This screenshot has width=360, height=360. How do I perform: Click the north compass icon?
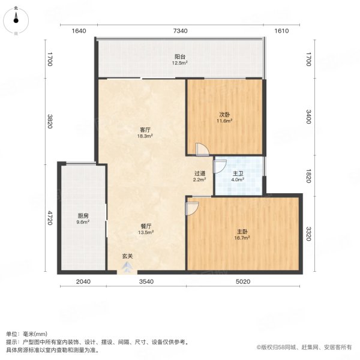pyautogui.click(x=16, y=17)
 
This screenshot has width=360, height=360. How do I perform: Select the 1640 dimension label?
pyautogui.click(x=80, y=31)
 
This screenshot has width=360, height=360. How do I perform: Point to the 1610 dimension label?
pyautogui.click(x=283, y=31)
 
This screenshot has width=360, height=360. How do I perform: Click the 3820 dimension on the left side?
pyautogui.click(x=51, y=122)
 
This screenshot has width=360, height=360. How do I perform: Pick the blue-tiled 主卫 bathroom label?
pyautogui.click(x=238, y=174)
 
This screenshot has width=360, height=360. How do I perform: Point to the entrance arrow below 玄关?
pyautogui.click(x=127, y=269)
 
